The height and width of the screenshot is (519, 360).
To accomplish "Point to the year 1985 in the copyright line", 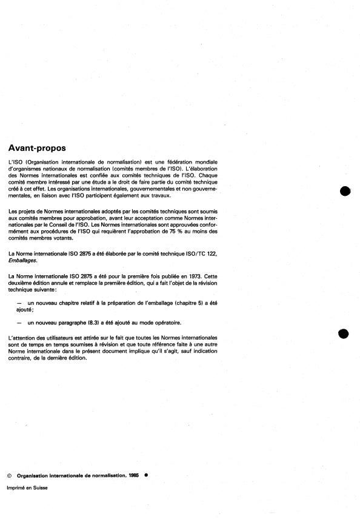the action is click(135, 476).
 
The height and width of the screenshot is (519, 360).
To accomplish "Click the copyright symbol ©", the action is click(9, 476).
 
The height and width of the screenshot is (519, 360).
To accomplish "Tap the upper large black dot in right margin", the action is click(345, 192).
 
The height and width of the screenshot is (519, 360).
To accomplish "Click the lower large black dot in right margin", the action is click(344, 333).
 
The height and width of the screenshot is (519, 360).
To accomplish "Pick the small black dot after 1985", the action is click(146, 475).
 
